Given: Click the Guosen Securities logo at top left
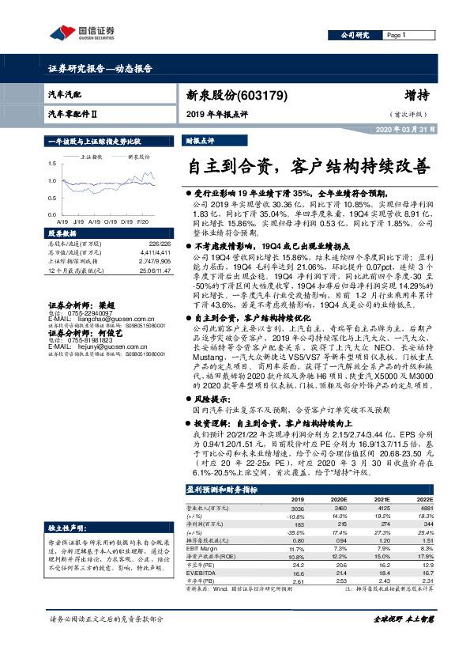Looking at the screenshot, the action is [82, 33].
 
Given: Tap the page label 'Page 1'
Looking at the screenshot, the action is [396, 36].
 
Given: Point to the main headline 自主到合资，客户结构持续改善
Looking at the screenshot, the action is [308, 167].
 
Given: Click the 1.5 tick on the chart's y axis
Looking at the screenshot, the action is [52, 163].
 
